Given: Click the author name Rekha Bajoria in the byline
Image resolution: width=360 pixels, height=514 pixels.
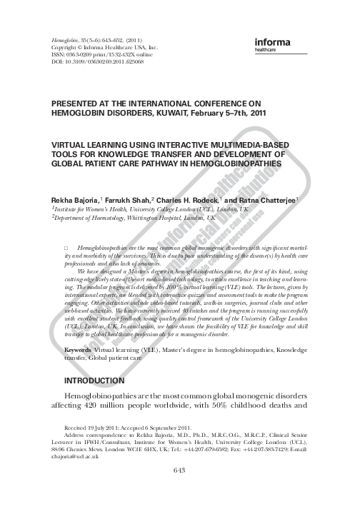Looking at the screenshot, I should coord(75,202).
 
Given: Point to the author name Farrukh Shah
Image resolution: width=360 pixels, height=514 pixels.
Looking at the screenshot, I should coord(132,202).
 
